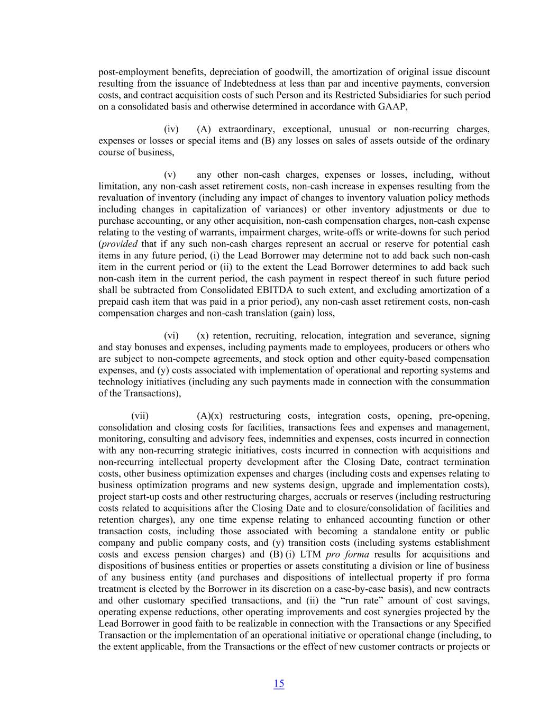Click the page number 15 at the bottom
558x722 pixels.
(x=279, y=683)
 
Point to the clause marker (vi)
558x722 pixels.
(x=171, y=336)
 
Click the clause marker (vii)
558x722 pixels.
(x=140, y=416)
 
